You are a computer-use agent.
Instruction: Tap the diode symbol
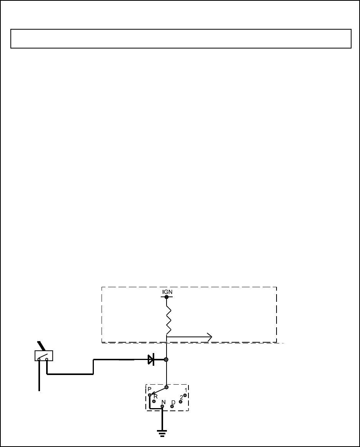coord(151,360)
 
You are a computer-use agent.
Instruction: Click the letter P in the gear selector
coord(150,390)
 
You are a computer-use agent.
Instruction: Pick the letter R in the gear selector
coord(156,396)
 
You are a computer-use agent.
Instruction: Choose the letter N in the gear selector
coord(163,402)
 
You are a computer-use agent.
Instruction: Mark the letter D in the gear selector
coord(173,402)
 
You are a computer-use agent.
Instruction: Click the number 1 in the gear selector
coord(185,390)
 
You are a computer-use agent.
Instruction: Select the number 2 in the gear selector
coord(181,397)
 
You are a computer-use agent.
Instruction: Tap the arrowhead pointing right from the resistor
coord(209,337)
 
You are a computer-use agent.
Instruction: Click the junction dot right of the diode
coord(166,360)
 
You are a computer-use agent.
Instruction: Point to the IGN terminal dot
coord(167,297)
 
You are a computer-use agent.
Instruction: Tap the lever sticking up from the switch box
coord(41,346)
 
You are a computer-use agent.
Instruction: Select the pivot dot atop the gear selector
coord(167,387)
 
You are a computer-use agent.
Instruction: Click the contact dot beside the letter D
coord(172,407)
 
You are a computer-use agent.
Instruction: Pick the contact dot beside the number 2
coord(180,402)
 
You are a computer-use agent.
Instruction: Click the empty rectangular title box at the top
coord(181,38)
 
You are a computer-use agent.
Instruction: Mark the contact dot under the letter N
coord(163,406)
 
